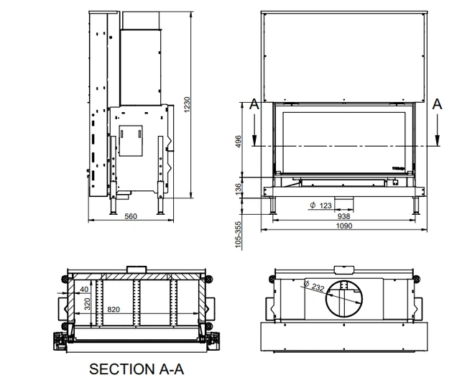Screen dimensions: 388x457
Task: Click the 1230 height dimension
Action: [x=187, y=106]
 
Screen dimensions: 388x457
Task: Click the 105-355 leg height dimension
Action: [x=239, y=234]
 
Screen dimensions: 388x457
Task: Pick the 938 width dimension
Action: [x=344, y=216]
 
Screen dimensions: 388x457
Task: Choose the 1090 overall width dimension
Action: [x=344, y=226]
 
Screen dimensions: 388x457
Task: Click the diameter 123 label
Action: [x=320, y=205]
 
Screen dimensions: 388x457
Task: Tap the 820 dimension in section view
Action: [x=114, y=309]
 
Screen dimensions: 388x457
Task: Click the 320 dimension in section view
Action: [x=87, y=303]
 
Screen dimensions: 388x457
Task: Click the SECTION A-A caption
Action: [x=137, y=369]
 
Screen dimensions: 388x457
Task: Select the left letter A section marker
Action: [x=254, y=103]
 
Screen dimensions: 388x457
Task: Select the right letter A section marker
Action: [x=438, y=103]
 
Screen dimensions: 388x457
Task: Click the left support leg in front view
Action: [x=274, y=205]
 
